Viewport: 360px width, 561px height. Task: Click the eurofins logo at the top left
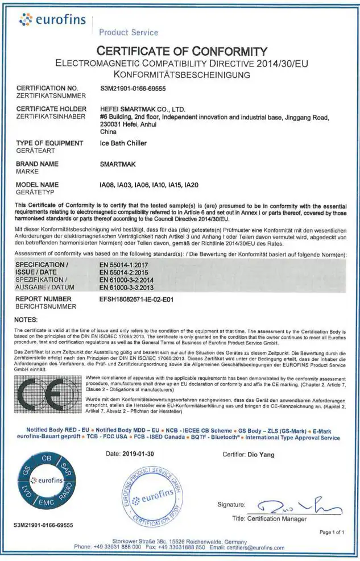pyautogui.click(x=52, y=20)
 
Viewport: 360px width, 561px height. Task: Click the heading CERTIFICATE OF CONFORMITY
pyautogui.click(x=182, y=51)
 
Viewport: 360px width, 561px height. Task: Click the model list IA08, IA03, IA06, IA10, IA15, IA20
pyautogui.click(x=148, y=185)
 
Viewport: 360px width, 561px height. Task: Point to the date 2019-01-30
pyautogui.click(x=138, y=454)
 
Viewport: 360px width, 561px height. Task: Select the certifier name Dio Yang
pyautogui.click(x=261, y=454)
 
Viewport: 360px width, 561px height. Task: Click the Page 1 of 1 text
pyautogui.click(x=333, y=533)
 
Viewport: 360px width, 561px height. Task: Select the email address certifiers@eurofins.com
pyautogui.click(x=255, y=547)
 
